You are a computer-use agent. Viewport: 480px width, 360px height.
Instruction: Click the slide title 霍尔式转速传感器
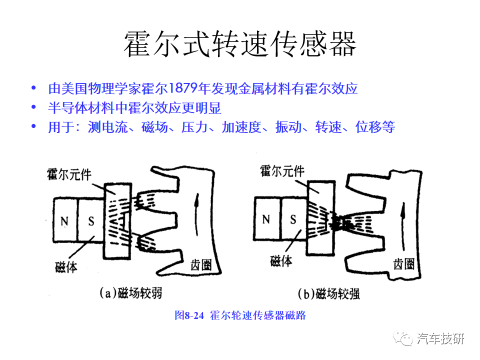(240, 44)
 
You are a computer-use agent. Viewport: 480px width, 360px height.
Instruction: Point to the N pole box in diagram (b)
(266, 219)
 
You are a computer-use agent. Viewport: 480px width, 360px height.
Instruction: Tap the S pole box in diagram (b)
(293, 219)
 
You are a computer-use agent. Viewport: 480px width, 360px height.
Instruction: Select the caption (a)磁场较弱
(130, 293)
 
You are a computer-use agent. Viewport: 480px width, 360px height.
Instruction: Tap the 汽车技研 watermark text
(440, 338)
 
